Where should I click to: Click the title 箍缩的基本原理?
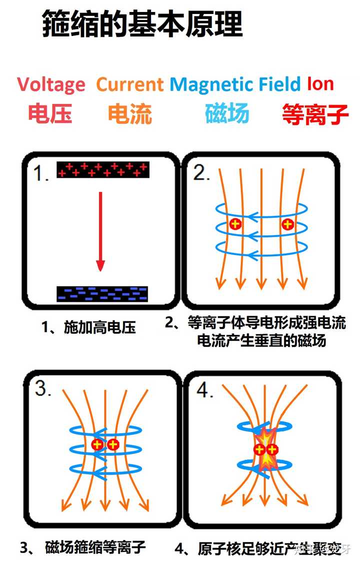pyautogui.click(x=142, y=23)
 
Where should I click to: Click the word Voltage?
pyautogui.click(x=51, y=85)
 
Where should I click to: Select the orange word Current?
pyautogui.click(x=130, y=84)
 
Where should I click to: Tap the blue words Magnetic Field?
pyautogui.click(x=235, y=85)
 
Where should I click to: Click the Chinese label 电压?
pyautogui.click(x=50, y=113)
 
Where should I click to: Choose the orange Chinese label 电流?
pyautogui.click(x=130, y=113)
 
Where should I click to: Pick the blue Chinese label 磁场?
pyautogui.click(x=227, y=113)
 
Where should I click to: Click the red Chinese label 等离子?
pyautogui.click(x=315, y=114)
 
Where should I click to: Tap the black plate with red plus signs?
pyautogui.click(x=103, y=170)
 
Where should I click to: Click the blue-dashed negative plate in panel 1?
pyautogui.click(x=102, y=294)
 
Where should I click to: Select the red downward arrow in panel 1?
pyautogui.click(x=100, y=231)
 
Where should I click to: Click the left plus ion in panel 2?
pyautogui.click(x=235, y=224)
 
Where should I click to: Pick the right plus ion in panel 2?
pyautogui.click(x=287, y=224)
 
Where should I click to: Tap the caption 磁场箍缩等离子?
pyautogui.click(x=95, y=547)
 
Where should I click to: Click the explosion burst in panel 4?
pyautogui.click(x=265, y=449)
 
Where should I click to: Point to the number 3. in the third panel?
pyautogui.click(x=43, y=389)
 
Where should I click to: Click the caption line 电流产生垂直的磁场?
pyautogui.click(x=261, y=340)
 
